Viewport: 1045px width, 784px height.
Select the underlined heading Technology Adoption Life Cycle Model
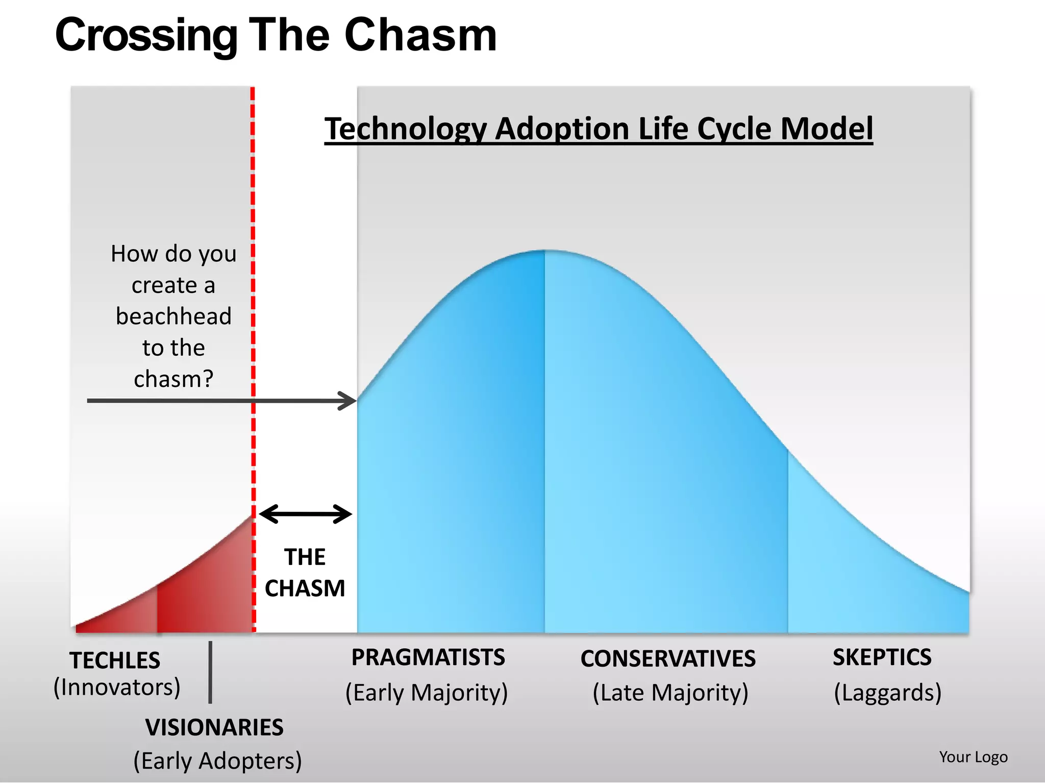point(599,129)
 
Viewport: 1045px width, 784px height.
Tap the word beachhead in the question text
point(173,316)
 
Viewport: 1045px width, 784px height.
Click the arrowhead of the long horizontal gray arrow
point(350,401)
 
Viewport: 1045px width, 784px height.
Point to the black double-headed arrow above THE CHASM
point(305,514)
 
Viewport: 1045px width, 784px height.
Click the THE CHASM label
point(305,573)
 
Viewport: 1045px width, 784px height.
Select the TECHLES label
point(115,660)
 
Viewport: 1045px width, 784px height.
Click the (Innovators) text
point(117,688)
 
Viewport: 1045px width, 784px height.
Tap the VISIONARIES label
point(214,727)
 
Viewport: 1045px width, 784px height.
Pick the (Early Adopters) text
point(217,761)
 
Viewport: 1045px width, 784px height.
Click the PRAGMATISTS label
point(428,657)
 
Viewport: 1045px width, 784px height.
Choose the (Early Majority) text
point(427,693)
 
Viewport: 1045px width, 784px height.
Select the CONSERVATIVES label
point(668,658)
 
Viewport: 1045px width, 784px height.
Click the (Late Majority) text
point(670,693)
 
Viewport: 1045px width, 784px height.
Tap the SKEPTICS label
point(882,657)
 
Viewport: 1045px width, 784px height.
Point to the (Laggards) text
point(887,693)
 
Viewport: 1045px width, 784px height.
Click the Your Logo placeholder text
point(973,757)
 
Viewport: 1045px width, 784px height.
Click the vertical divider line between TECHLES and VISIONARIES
point(210,672)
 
